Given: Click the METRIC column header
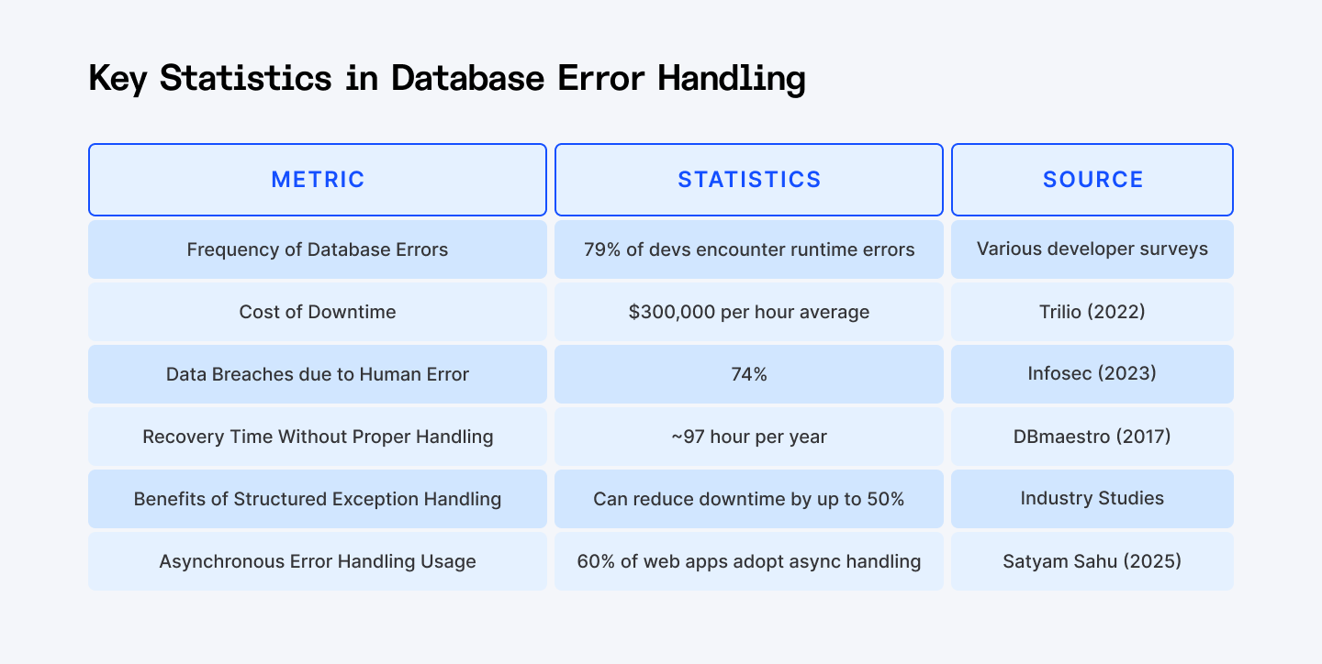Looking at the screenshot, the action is (x=318, y=179).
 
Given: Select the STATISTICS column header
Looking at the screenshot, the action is (x=749, y=179).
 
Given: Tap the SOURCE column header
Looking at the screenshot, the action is (x=1092, y=179).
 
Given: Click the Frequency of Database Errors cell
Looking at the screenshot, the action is (x=318, y=249).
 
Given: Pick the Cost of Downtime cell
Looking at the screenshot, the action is (x=318, y=312).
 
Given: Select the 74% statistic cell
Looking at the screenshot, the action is (x=749, y=374).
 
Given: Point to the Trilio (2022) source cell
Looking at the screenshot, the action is (x=1092, y=312).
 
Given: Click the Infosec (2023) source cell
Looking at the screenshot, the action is (x=1092, y=374).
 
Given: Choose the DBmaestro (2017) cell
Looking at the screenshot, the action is (x=1092, y=437).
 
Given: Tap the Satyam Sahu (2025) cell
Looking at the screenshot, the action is (x=1092, y=561).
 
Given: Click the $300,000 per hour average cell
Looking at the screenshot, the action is (x=749, y=312).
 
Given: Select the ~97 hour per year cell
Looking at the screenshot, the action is (x=749, y=437).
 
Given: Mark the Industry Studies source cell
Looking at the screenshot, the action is (x=1092, y=499).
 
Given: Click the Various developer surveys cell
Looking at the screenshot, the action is (x=1092, y=249).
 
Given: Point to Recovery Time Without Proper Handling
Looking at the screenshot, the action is (x=318, y=437).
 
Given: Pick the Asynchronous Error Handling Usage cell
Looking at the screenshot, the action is (x=318, y=561).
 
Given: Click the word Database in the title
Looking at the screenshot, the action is (x=467, y=78).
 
